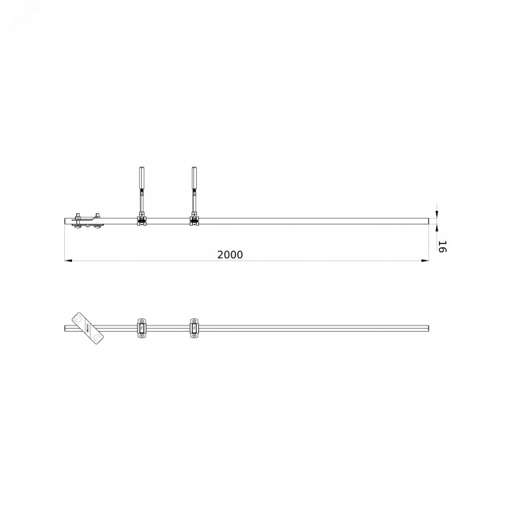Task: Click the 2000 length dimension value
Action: (230, 255)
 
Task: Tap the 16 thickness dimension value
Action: (442, 247)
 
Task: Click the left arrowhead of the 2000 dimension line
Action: (68, 260)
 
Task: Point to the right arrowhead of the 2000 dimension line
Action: (425, 260)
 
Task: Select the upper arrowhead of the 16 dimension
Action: (437, 215)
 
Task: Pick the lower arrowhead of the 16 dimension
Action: (437, 228)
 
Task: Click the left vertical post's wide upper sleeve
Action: (142, 179)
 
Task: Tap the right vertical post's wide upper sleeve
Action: (194, 179)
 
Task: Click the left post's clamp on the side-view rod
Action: (142, 220)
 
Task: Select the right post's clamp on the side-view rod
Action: (194, 220)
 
